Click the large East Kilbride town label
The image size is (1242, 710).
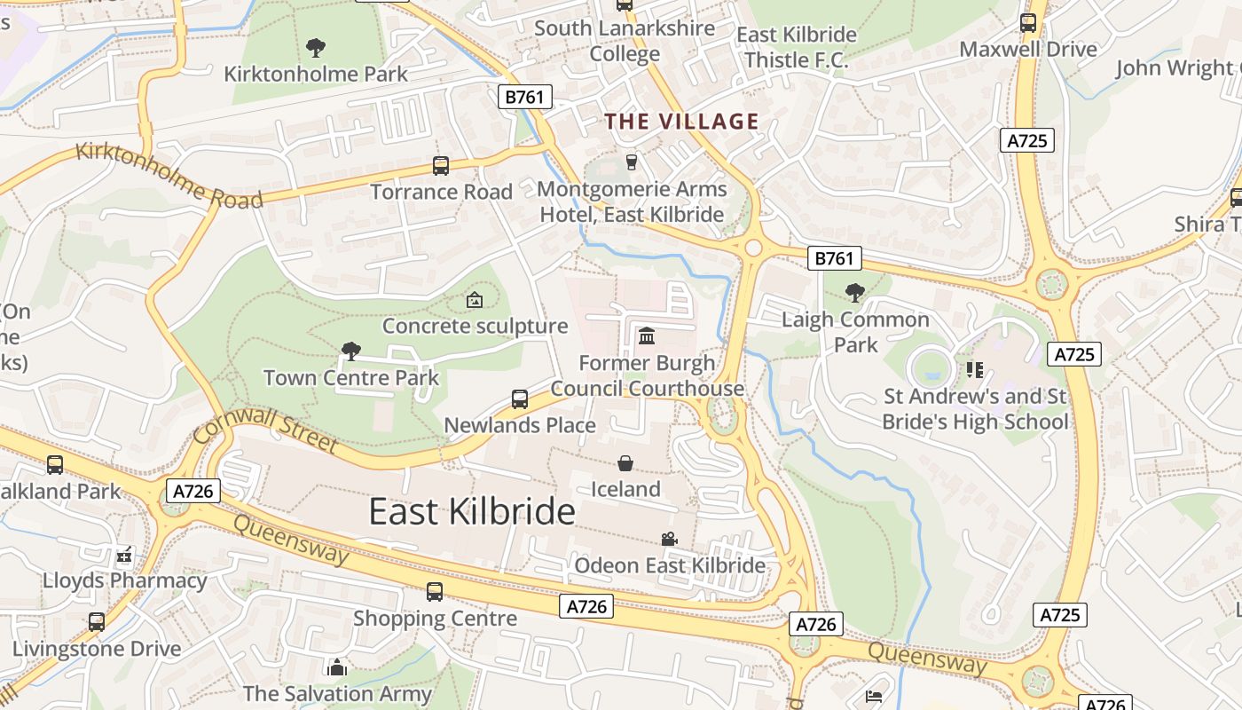[472, 512]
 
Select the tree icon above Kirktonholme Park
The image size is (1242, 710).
[315, 47]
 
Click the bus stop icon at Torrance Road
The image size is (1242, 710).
[441, 165]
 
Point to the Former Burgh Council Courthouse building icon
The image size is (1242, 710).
[647, 336]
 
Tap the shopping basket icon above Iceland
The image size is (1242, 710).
[625, 463]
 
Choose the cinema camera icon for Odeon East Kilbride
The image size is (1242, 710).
[669, 539]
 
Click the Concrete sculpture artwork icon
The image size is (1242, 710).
[475, 300]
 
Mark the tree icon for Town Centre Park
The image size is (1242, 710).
[351, 351]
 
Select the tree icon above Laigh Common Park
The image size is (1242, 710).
[855, 292]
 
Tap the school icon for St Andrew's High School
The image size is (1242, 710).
[975, 369]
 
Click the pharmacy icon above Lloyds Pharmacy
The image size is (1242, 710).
[124, 556]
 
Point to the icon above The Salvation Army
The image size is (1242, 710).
[336, 667]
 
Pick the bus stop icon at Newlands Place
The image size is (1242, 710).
[520, 399]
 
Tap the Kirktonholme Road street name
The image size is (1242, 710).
[169, 175]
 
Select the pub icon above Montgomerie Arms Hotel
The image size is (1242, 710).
[632, 162]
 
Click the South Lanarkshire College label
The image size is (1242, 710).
[625, 41]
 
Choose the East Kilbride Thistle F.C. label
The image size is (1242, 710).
[797, 47]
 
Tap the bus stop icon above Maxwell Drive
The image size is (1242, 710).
[1028, 23]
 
